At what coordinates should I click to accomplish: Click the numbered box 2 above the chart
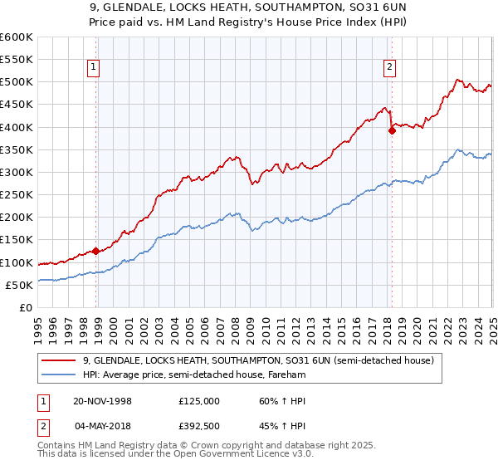(x=388, y=68)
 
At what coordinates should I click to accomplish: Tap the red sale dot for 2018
(x=392, y=130)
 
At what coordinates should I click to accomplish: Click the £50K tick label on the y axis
(x=20, y=285)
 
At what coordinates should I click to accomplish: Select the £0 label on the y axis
(x=27, y=307)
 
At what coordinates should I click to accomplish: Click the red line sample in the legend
(x=60, y=361)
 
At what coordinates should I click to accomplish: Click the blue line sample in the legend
(x=60, y=375)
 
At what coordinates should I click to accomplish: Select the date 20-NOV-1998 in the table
(x=103, y=400)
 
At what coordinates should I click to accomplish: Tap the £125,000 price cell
(x=199, y=400)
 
